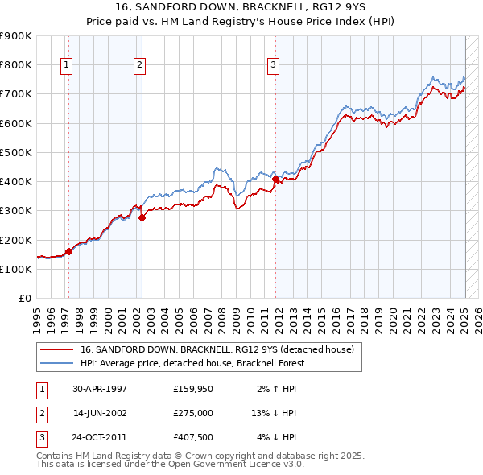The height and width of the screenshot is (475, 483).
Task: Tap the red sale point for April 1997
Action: click(68, 251)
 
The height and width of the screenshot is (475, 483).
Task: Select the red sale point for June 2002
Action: click(142, 217)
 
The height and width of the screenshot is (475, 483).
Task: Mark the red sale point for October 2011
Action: click(276, 180)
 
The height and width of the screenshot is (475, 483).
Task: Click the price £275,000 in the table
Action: click(193, 413)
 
